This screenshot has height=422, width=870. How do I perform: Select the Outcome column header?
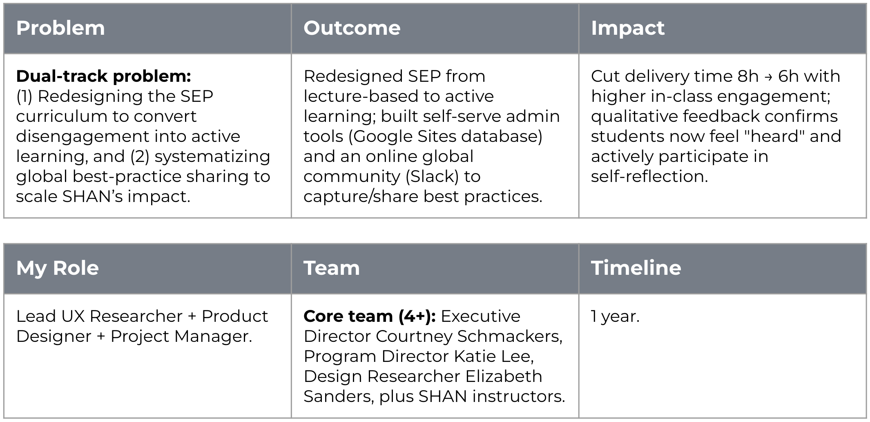tap(352, 28)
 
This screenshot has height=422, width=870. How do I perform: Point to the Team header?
tap(332, 268)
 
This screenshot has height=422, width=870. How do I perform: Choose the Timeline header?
tap(636, 268)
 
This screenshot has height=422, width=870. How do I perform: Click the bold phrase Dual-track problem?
tap(104, 76)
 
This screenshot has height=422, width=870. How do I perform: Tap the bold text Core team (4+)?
tap(370, 316)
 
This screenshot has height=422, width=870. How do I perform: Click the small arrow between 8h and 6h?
tap(768, 77)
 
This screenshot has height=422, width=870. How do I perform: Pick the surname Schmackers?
tap(510, 337)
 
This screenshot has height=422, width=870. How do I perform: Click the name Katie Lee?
tap(494, 357)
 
